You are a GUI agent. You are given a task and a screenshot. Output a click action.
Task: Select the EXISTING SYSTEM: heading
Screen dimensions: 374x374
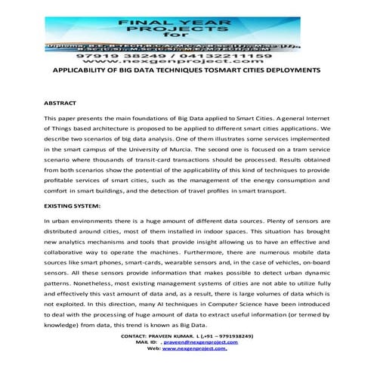tap(71, 205)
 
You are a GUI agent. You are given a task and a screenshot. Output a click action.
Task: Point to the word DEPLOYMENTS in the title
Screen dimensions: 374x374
tap(292, 70)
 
